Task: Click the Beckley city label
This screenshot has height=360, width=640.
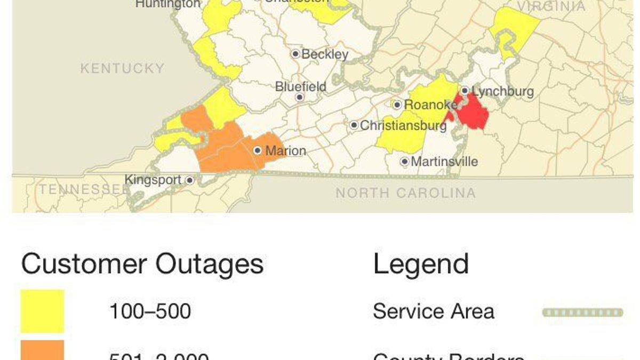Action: pos(325,54)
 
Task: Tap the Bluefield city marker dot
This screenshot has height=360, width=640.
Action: pos(300,97)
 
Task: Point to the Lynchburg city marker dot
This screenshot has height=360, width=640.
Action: pos(465,91)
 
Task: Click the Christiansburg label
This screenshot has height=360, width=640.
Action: pos(403,126)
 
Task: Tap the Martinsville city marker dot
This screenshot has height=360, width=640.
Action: pos(405,161)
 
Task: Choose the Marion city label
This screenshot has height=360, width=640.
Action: pos(285,151)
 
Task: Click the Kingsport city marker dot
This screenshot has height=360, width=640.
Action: pos(189,180)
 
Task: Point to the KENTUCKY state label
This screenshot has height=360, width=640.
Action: pos(122,68)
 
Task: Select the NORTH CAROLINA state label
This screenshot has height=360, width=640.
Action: pos(405,193)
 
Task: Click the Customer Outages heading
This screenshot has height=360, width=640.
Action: pos(142,263)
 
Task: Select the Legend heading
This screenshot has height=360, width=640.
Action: pos(421,263)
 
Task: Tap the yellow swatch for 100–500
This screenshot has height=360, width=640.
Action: pos(42,311)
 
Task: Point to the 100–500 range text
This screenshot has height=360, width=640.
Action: pos(150,311)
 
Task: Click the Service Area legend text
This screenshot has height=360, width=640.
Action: pos(433,311)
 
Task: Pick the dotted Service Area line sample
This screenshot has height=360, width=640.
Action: pos(582,313)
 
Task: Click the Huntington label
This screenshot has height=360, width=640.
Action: pos(168,4)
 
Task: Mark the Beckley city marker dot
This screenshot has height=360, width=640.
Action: pos(295,53)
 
